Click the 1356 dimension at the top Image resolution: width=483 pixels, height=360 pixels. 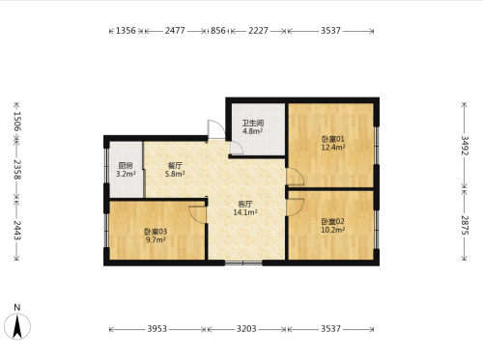tap(126, 31)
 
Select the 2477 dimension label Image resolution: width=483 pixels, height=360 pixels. tap(175, 31)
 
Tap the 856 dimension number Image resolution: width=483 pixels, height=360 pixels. tap(218, 31)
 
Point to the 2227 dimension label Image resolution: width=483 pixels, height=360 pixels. tap(258, 31)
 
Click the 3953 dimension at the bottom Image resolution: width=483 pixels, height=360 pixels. tap(157, 329)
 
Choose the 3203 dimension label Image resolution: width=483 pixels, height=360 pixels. tap(246, 329)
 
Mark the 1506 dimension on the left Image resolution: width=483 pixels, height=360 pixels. tap(16, 121)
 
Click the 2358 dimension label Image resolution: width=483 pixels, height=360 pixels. tap(16, 170)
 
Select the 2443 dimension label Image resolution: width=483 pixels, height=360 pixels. tap(16, 231)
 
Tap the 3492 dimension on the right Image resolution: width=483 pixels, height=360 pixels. tap(464, 146)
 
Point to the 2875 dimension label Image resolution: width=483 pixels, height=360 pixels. tap(464, 225)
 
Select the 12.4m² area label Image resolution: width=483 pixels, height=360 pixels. tap(333, 148)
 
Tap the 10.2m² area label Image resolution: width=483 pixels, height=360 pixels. tap(333, 230)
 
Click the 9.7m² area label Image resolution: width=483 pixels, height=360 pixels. tap(156, 239)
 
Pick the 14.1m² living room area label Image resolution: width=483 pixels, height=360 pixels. tap(245, 212)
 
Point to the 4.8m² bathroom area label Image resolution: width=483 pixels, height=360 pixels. tap(252, 131)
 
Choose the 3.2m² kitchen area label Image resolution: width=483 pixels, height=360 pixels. tap(126, 174)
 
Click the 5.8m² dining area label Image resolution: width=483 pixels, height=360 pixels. tap(175, 174)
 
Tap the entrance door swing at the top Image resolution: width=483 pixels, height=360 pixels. tap(216, 129)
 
